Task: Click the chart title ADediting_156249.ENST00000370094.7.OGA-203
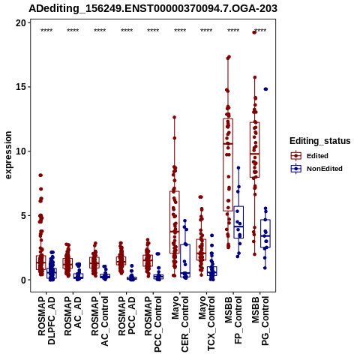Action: click(153, 9)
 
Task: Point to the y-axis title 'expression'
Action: click(8, 155)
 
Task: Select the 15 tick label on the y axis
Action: click(21, 87)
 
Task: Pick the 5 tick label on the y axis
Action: click(24, 215)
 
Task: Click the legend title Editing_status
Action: click(320, 141)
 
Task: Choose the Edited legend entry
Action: click(309, 156)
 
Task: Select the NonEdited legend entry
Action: click(316, 169)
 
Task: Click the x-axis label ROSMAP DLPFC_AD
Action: click(46, 320)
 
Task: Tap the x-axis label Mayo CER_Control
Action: click(180, 324)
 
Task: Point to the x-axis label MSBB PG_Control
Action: click(260, 321)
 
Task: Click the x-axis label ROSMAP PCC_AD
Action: click(127, 316)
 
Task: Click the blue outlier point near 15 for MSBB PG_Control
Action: click(265, 89)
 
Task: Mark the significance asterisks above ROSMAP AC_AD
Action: click(73, 31)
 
